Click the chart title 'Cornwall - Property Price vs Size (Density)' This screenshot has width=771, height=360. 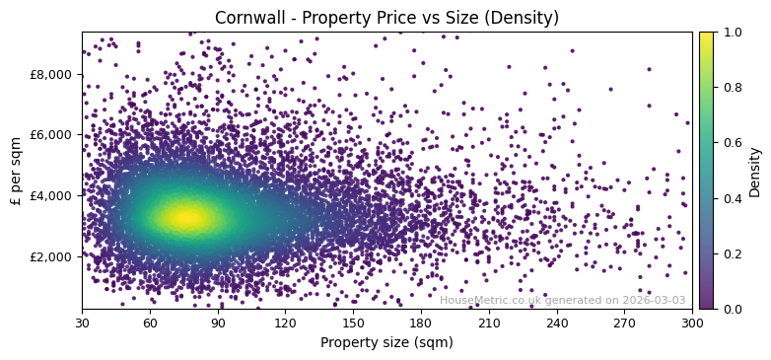(x=386, y=18)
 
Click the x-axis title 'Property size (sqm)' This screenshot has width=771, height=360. (x=386, y=343)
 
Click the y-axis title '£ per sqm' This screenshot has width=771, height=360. (x=17, y=170)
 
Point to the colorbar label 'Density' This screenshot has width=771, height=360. (x=755, y=171)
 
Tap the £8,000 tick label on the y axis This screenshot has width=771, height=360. (x=50, y=74)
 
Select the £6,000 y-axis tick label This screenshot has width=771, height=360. (x=50, y=135)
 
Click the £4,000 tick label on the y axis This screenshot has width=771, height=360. (x=50, y=195)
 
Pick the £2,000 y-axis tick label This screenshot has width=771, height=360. (x=50, y=256)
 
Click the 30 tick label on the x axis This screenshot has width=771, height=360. (x=82, y=323)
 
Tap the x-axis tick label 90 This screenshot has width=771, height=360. (x=218, y=323)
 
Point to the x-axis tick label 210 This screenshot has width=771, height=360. (x=489, y=323)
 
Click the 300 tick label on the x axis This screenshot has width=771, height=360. (x=692, y=323)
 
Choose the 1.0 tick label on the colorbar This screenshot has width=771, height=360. (x=731, y=33)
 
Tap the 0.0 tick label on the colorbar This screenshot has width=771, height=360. (x=731, y=309)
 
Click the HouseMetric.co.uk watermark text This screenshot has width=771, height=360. (x=562, y=301)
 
